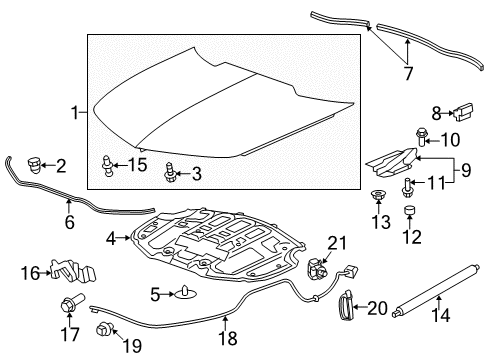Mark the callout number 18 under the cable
(228, 339)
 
